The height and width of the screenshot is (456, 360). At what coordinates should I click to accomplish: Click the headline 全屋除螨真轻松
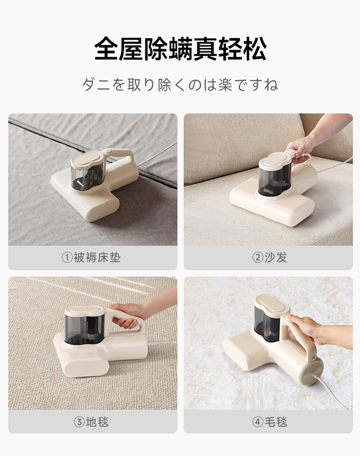pos(180,49)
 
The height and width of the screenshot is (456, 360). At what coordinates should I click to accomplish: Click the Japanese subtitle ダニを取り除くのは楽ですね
pos(180,85)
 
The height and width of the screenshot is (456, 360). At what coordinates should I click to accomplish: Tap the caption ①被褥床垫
pos(91,257)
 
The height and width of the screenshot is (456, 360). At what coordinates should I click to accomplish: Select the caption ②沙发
pos(269,257)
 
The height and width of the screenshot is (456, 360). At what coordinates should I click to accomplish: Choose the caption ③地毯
pos(91,421)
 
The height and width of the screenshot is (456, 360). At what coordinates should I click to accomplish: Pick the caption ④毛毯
pos(269,421)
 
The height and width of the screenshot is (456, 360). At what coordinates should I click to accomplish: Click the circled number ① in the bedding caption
pos(67,258)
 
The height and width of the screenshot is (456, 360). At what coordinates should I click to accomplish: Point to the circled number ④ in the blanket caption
pos(257,422)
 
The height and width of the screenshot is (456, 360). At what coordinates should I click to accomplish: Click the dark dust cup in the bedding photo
pos(87,176)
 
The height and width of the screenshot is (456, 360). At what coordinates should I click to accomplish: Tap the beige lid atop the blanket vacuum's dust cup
pos(272,304)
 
